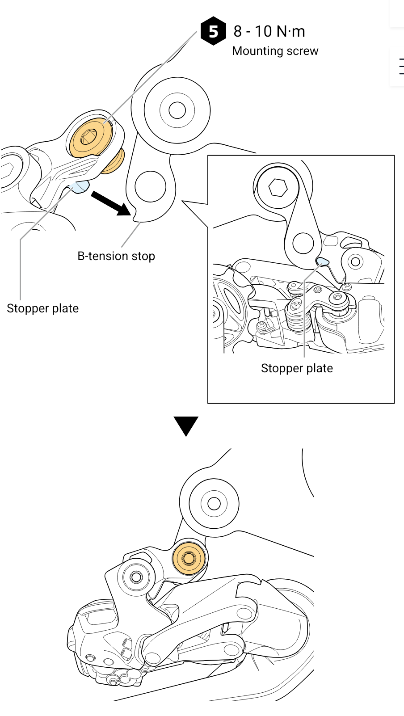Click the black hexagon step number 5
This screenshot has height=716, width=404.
tap(213, 31)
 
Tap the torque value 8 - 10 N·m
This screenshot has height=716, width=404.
tap(269, 31)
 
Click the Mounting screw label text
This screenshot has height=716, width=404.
tap(275, 51)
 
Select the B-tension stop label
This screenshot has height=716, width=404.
tap(116, 256)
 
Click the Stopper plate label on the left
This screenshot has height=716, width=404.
tap(42, 308)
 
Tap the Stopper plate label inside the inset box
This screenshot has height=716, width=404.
tap(297, 368)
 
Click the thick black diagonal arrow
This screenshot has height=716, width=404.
tap(111, 203)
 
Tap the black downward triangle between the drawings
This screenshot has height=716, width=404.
tap(186, 426)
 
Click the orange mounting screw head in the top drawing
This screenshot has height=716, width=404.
tap(92, 138)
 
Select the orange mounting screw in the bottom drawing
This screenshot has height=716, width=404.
tap(189, 558)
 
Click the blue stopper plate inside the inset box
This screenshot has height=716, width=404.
tap(322, 261)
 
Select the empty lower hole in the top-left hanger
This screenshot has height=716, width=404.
tap(150, 186)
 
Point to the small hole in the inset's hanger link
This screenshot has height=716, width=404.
tap(303, 243)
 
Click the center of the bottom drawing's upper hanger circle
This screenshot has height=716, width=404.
tap(214, 504)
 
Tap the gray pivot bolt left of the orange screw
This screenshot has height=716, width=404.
tap(136, 577)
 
